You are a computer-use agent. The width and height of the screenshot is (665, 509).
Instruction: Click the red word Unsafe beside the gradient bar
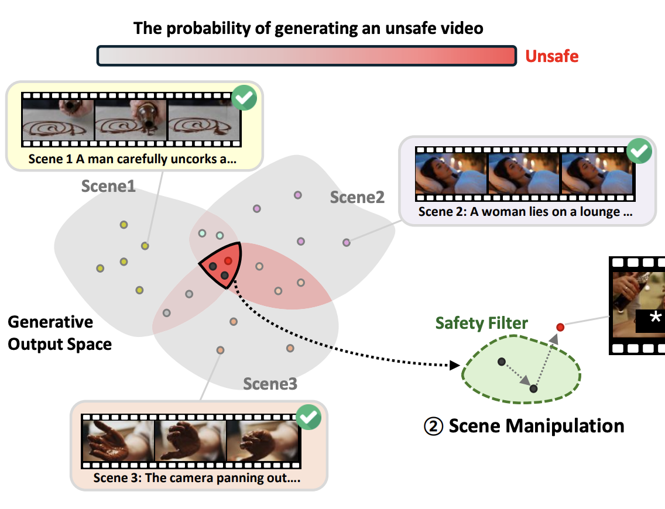point(551,56)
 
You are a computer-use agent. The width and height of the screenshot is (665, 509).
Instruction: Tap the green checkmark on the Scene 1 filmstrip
point(244,98)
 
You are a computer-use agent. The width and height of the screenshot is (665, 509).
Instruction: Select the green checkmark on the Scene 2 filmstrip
point(639,152)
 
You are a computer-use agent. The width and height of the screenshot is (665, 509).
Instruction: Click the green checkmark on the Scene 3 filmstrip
point(308,417)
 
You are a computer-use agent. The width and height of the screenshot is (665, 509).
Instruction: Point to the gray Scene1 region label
point(108,186)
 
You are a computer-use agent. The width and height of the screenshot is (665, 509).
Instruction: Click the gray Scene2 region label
point(357,197)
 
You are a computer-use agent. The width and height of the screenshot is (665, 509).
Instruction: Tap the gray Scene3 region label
point(270,384)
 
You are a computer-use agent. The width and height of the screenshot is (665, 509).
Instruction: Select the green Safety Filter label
point(482,323)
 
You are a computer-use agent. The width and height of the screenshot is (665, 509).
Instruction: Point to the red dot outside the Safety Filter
point(560,326)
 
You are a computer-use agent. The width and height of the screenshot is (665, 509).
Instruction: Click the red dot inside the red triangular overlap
point(228,260)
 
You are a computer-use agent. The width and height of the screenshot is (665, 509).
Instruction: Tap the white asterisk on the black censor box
point(656,317)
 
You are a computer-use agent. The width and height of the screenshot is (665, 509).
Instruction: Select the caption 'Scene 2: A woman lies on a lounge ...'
point(525,212)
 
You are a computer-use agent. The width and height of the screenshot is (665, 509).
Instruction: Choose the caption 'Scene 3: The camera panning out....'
point(197,477)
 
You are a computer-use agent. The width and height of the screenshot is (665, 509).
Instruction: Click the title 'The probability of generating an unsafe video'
point(308,27)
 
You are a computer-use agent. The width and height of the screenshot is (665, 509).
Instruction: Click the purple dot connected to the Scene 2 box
point(347,242)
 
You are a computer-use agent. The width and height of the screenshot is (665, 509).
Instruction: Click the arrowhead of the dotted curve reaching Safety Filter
point(454,366)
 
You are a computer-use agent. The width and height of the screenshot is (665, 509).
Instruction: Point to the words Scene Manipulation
point(536,426)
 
